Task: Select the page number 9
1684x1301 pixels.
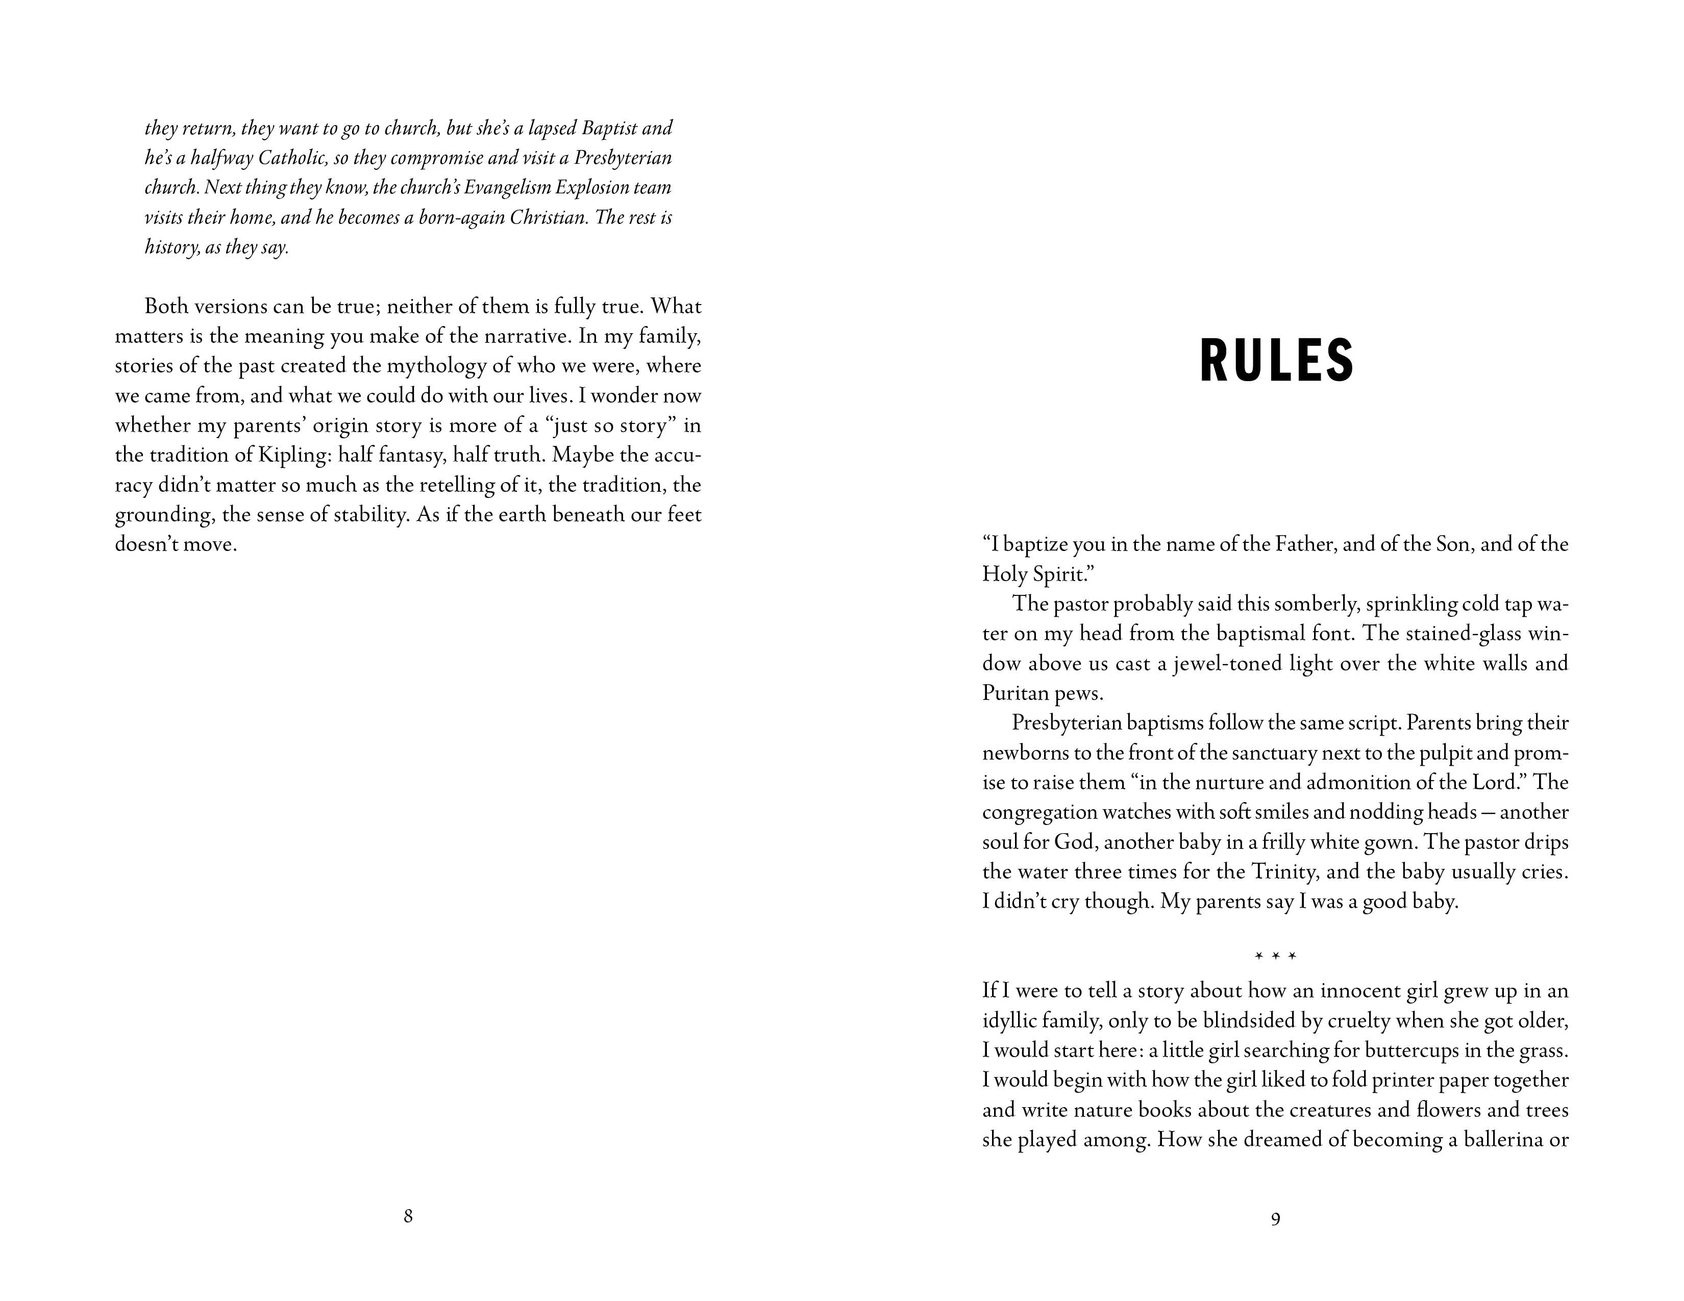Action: (x=1275, y=1218)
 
